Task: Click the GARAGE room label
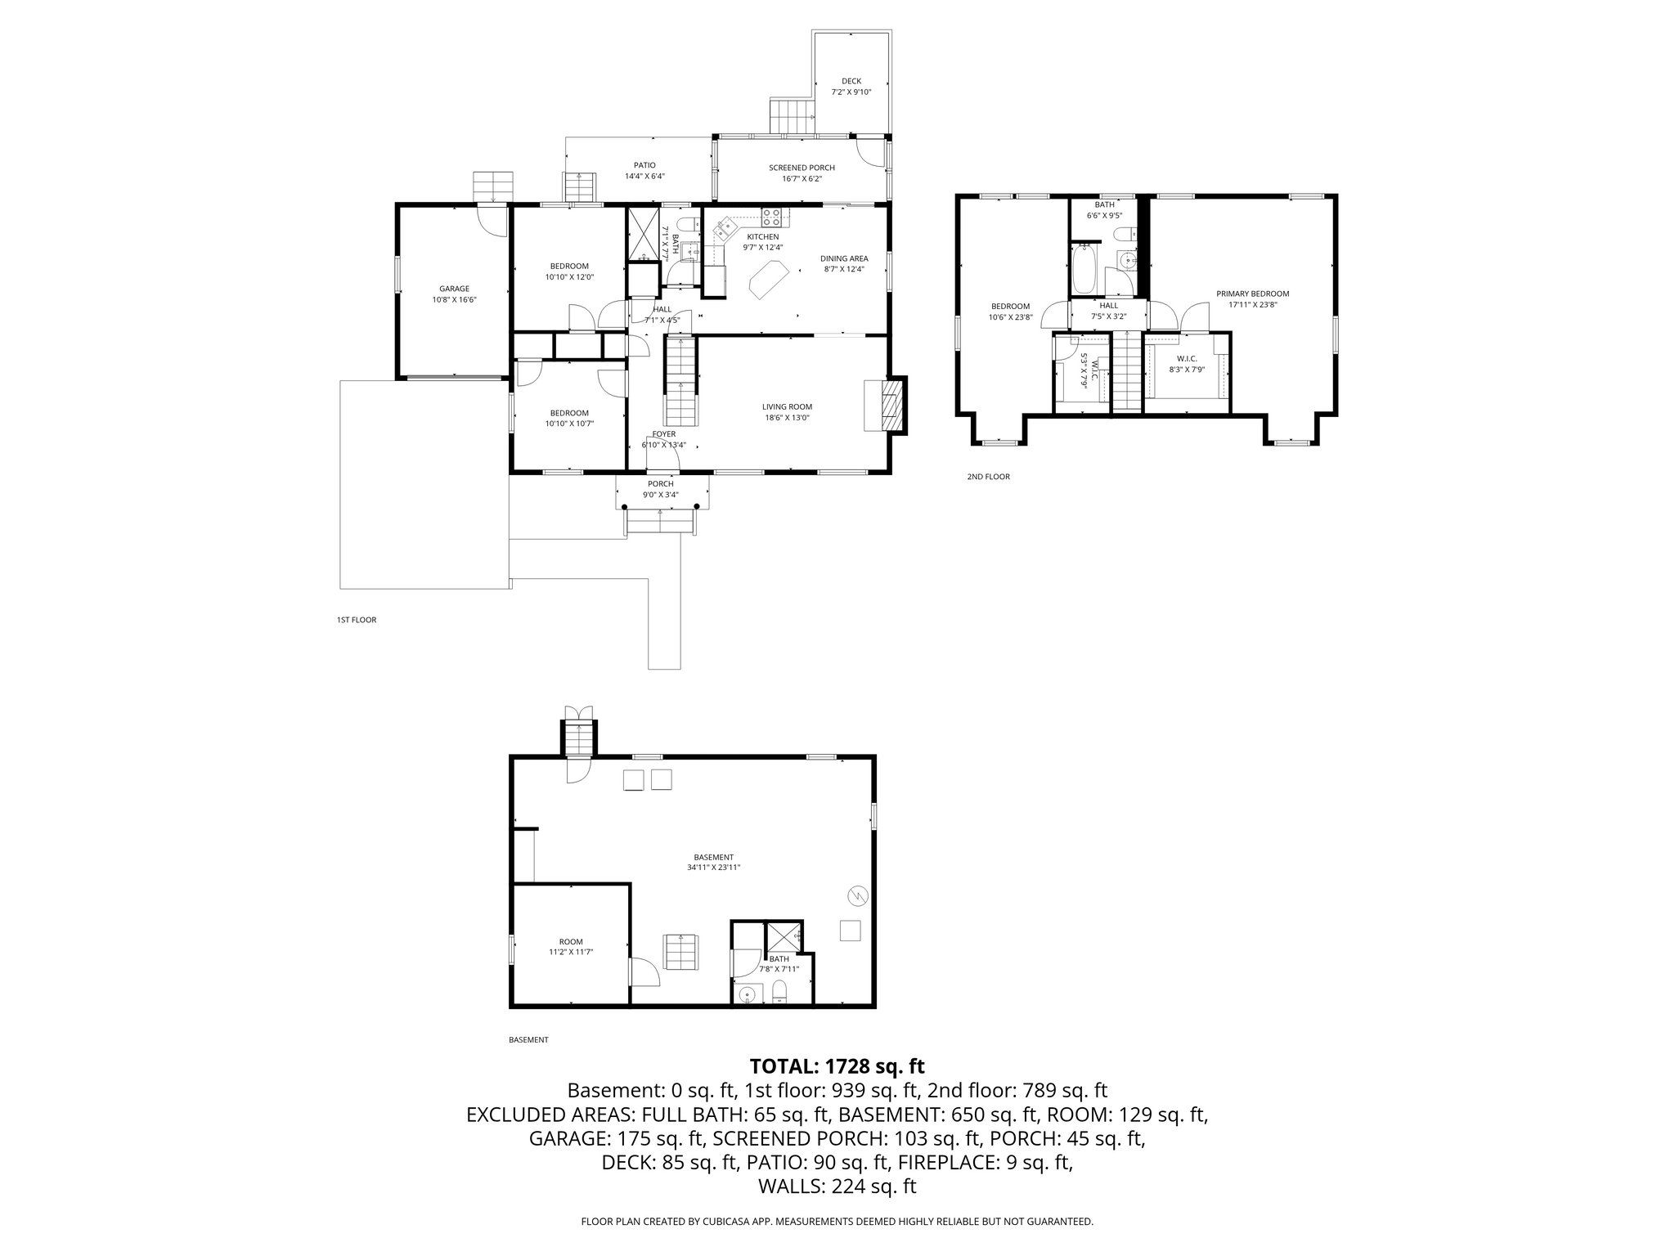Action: [x=455, y=289]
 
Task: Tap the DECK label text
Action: [x=851, y=81]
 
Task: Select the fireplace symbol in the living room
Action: [x=886, y=404]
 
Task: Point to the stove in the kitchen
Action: [x=772, y=217]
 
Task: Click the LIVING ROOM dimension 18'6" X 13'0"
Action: [x=787, y=418]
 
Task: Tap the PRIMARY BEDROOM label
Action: [x=1252, y=294]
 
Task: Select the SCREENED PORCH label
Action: [x=802, y=168]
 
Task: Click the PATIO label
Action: [x=644, y=165]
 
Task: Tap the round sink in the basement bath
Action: [x=746, y=995]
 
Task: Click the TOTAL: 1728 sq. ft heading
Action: [x=837, y=1066]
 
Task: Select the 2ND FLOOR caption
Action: [x=988, y=477]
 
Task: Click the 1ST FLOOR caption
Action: [x=357, y=620]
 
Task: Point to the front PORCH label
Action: [x=661, y=484]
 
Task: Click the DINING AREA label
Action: [x=844, y=258]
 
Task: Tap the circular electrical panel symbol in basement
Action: [x=858, y=896]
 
